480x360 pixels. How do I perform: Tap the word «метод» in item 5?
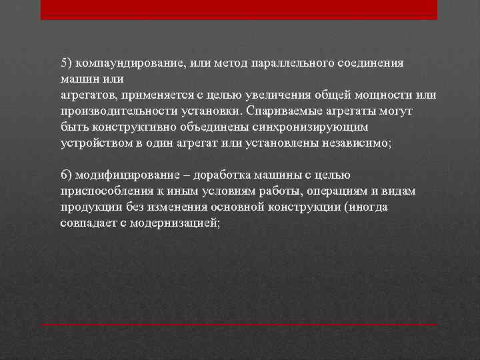point(227,63)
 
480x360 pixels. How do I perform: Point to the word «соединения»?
point(370,63)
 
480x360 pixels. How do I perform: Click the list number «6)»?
point(65,175)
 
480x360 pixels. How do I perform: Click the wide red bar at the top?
point(239,9)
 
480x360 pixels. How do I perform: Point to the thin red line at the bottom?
point(239,325)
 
